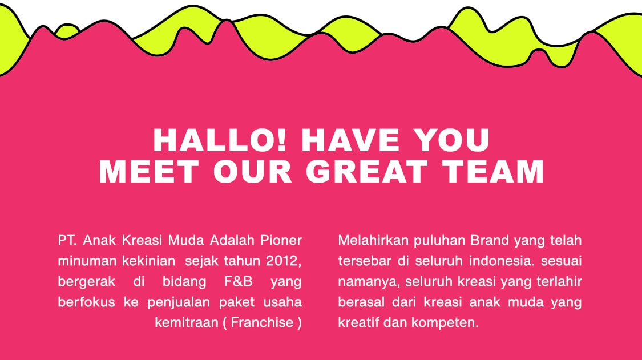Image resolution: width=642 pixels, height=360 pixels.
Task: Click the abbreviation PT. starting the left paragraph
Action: click(67, 240)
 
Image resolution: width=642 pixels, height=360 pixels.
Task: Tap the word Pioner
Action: click(281, 240)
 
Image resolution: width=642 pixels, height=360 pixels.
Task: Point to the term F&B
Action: click(239, 281)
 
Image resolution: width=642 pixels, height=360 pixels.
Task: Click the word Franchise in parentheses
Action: click(262, 322)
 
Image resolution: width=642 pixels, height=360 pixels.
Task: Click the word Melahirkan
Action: click(373, 240)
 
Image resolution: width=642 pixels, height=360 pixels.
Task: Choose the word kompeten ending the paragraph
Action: click(445, 323)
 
